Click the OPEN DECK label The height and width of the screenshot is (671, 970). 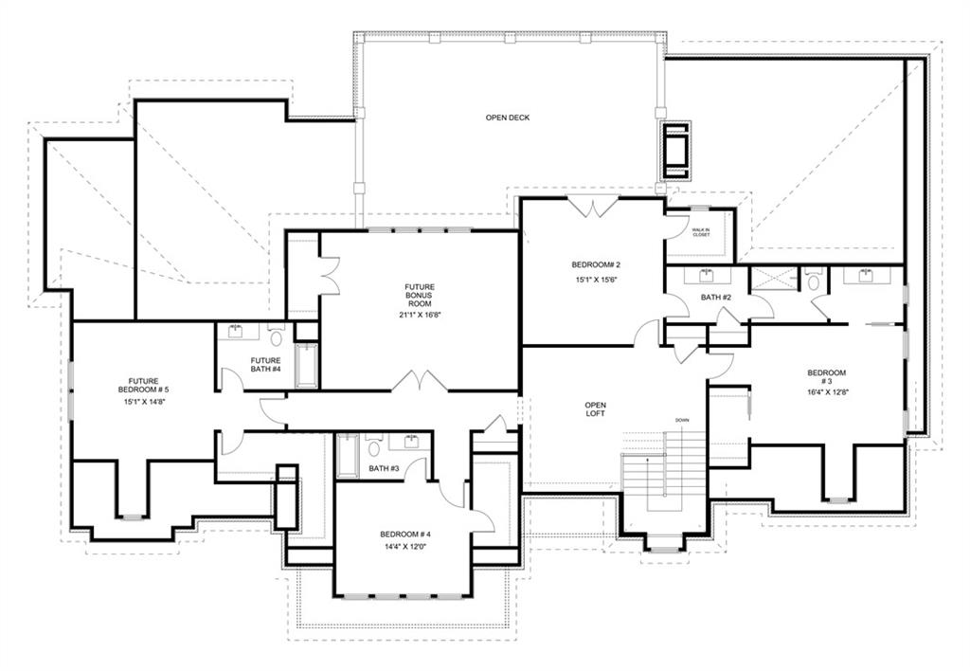point(507,118)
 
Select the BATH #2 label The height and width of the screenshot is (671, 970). point(715,298)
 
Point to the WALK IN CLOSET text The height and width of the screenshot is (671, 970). point(700,232)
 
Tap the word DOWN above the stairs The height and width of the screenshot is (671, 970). point(682,420)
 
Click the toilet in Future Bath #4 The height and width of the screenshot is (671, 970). point(277,336)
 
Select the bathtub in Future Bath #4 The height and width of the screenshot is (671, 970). point(307,365)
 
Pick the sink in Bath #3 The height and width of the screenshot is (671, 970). point(413,442)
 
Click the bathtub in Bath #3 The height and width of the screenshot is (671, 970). point(348,456)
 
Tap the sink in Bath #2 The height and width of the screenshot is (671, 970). point(706,276)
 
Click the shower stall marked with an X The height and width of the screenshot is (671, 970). point(771,280)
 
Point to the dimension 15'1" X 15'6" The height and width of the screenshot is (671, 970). point(594,281)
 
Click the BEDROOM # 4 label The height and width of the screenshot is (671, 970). point(405,535)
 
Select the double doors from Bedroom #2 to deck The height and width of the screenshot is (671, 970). point(592,208)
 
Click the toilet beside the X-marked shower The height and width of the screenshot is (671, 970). point(814,281)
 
